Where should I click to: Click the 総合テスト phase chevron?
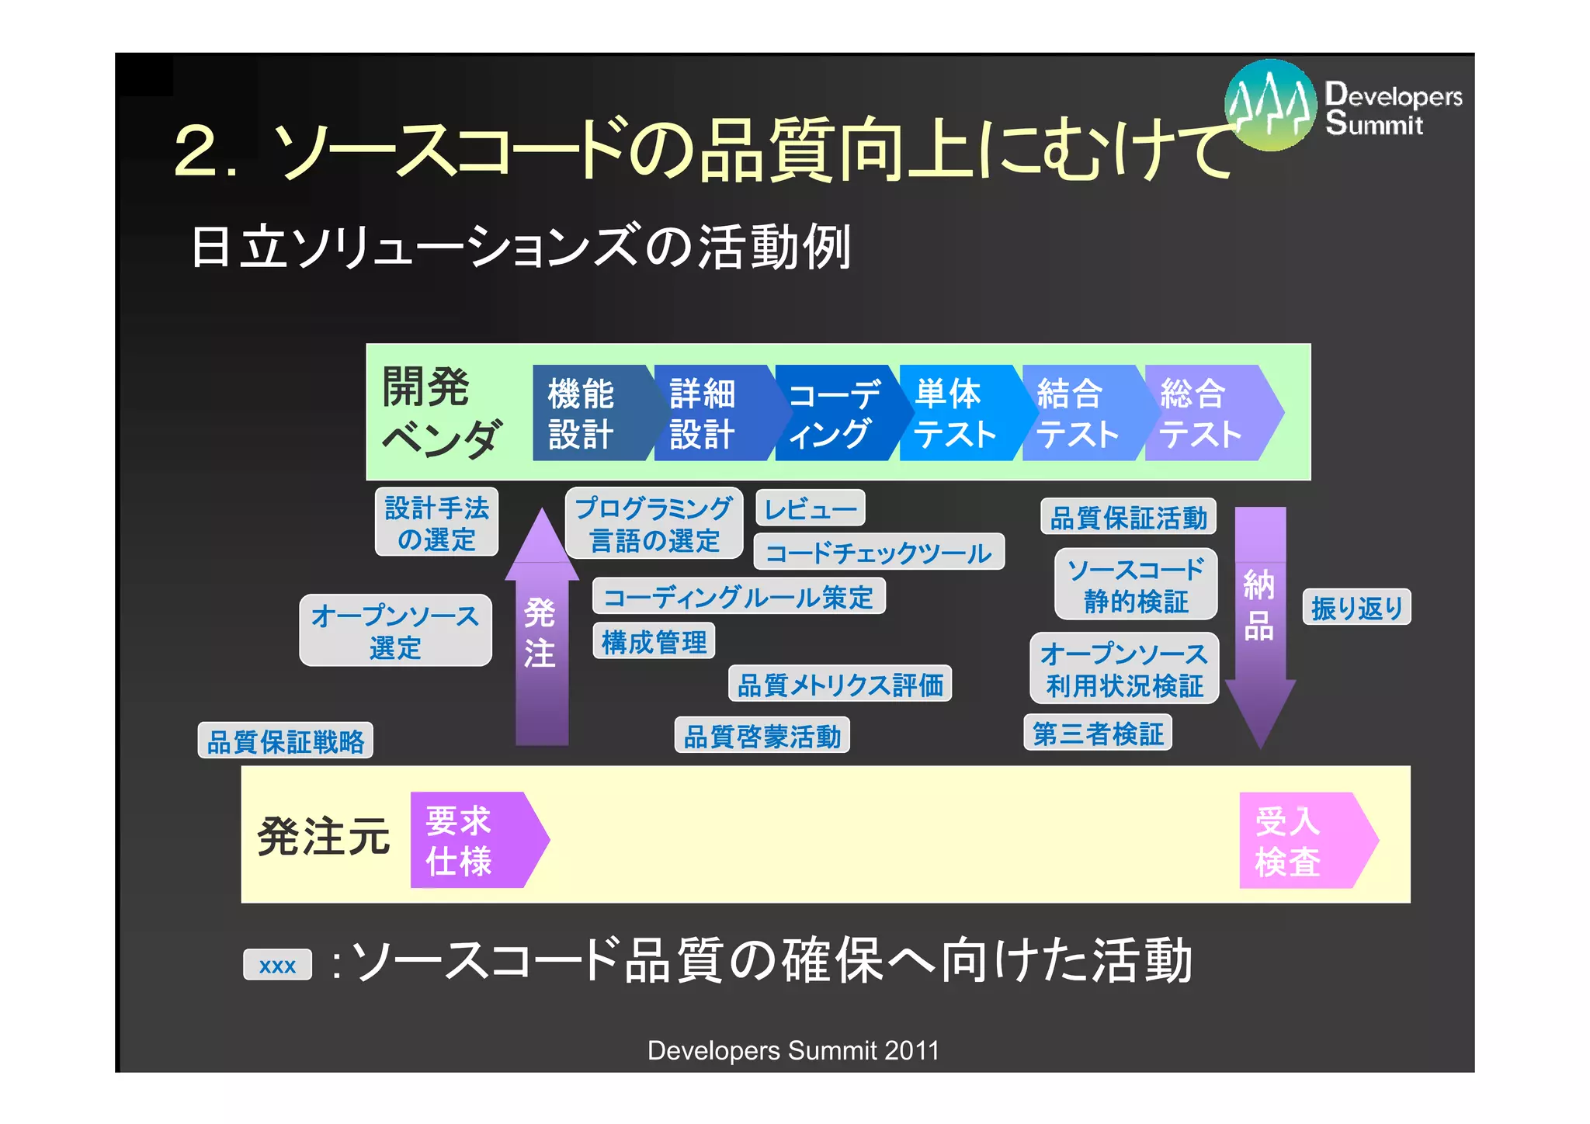click(1203, 413)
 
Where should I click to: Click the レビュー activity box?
click(810, 508)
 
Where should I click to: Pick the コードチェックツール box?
click(879, 552)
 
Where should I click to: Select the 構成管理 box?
click(654, 641)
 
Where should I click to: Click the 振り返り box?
click(1356, 607)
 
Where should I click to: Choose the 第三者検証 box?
click(1097, 733)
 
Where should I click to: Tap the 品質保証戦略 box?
click(285, 741)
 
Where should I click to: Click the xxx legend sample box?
click(277, 965)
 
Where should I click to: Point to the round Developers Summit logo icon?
click(1270, 105)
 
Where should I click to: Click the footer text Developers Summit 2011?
click(793, 1050)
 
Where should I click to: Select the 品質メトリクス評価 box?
click(840, 684)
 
